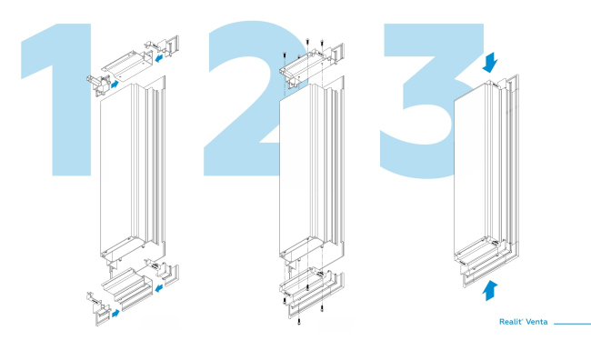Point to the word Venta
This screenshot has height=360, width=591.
point(536,322)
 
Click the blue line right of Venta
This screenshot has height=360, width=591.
point(572,324)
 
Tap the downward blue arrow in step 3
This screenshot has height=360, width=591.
point(490,63)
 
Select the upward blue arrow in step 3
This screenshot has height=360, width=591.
point(490,291)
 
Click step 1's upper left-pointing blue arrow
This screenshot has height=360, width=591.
point(159,58)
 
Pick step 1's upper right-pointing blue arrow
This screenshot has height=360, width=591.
point(115,84)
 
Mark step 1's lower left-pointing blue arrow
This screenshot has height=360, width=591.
point(159,288)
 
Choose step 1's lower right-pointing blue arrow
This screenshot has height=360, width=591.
point(115,314)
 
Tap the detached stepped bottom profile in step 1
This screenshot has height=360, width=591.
point(127,289)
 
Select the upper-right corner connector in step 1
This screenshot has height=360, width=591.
point(162,46)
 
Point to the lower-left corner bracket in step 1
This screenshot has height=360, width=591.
point(98,308)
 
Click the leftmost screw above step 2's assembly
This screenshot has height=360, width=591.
point(284,55)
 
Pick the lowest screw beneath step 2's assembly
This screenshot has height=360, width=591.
point(299,322)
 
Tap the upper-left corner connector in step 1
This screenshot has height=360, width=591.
point(99,85)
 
